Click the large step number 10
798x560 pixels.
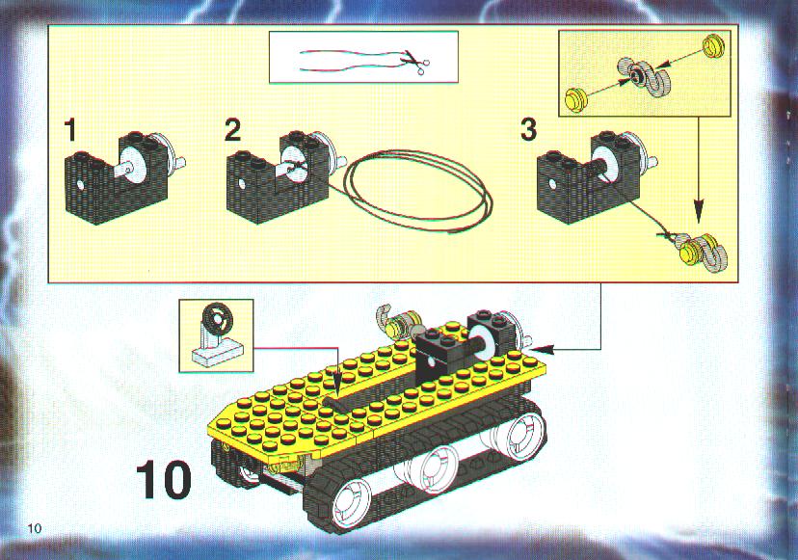164,479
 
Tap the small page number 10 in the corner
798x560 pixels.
35,528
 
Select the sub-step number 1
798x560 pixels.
70,130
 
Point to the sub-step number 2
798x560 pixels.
232,130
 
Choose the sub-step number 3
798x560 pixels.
528,130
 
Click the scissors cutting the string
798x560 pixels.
415,64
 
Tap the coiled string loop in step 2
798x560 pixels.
418,191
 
